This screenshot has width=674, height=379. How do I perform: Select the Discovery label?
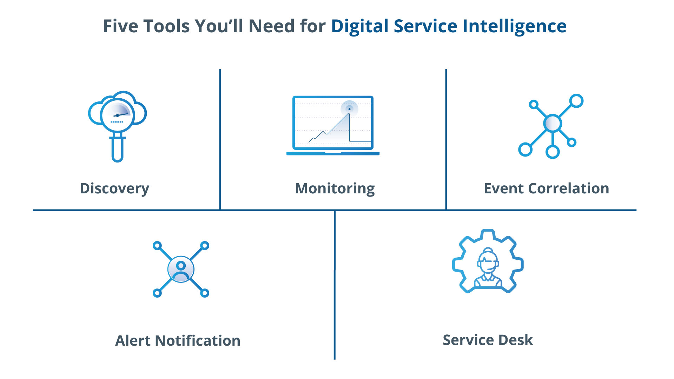pyautogui.click(x=114, y=188)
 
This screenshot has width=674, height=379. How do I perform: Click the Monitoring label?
pyautogui.click(x=335, y=188)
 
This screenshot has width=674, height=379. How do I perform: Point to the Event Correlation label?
pyautogui.click(x=546, y=188)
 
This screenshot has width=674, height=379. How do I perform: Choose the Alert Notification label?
pyautogui.click(x=178, y=341)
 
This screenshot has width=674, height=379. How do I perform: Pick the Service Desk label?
pyautogui.click(x=488, y=340)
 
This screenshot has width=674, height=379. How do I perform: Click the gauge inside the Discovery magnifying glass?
pyautogui.click(x=117, y=114)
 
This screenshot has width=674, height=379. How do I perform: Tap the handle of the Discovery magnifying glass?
pyautogui.click(x=117, y=149)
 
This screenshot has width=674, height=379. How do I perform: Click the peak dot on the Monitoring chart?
pyautogui.click(x=349, y=109)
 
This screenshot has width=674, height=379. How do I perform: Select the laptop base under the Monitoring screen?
pyautogui.click(x=333, y=153)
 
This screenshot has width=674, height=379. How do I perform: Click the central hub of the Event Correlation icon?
pyautogui.click(x=552, y=123)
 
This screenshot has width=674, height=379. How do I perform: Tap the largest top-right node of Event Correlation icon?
pyautogui.click(x=576, y=101)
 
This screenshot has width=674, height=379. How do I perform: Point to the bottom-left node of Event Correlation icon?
pyautogui.click(x=525, y=149)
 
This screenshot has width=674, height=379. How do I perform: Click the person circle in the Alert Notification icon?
pyautogui.click(x=181, y=269)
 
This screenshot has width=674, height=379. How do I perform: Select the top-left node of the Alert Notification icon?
pyautogui.click(x=157, y=245)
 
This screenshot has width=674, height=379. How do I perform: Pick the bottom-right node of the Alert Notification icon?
pyautogui.click(x=205, y=293)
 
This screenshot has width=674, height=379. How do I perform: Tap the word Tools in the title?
pyautogui.click(x=166, y=26)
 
